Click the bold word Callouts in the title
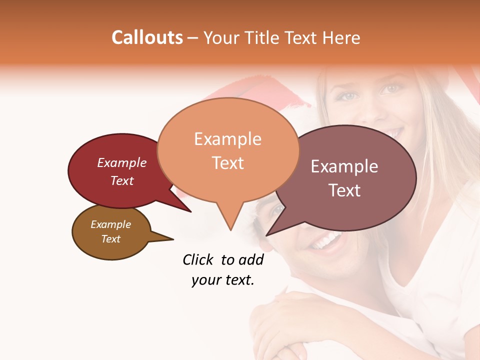click(x=147, y=37)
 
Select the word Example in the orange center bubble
click(x=227, y=139)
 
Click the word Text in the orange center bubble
click(x=227, y=163)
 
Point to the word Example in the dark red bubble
click(x=122, y=163)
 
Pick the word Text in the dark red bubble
click(x=122, y=181)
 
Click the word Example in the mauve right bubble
click(x=344, y=166)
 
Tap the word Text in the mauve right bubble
click(x=344, y=190)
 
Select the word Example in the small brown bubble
click(x=110, y=225)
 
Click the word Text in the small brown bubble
click(x=110, y=239)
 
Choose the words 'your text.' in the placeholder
click(x=222, y=280)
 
